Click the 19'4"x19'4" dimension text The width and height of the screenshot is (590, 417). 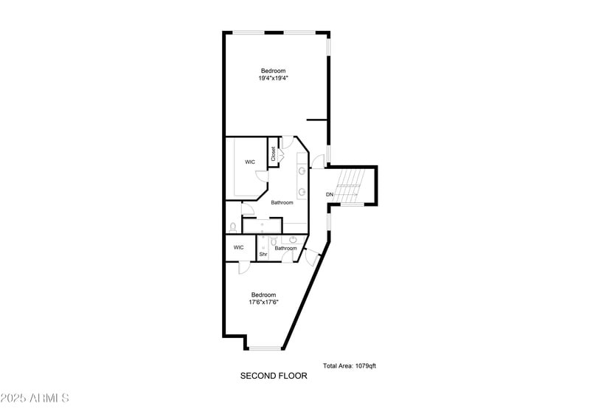273,77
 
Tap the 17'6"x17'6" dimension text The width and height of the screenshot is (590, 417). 263,302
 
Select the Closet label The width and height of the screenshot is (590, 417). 274,154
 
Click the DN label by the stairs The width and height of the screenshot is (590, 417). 330,194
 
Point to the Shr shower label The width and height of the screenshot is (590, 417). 263,255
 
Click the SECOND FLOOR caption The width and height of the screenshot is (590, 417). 274,376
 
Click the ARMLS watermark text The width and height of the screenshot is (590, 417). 35,398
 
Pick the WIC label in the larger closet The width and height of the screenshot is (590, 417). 250,162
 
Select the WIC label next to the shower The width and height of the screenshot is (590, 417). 238,247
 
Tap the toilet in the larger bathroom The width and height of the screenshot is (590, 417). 232,227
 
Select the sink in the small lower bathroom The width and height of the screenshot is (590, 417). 294,240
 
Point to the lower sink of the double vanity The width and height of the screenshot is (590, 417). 302,192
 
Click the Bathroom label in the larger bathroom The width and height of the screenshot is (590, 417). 282,202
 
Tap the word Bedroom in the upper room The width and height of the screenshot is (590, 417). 273,71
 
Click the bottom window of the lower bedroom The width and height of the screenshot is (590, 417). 264,348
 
